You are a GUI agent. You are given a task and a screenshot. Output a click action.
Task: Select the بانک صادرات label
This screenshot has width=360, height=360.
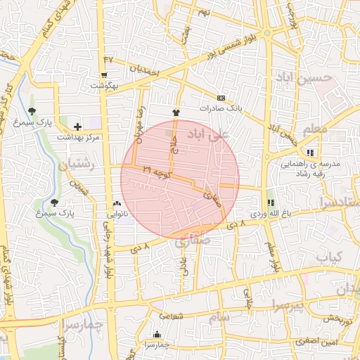[221, 108]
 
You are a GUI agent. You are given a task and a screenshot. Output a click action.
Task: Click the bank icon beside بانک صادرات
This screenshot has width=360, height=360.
[221, 98]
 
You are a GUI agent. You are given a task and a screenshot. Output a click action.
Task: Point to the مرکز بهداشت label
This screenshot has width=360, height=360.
[78, 136]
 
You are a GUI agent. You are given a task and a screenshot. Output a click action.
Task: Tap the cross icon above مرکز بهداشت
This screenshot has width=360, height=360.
[77, 127]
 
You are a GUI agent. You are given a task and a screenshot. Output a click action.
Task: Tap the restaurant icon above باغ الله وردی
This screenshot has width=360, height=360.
[271, 202]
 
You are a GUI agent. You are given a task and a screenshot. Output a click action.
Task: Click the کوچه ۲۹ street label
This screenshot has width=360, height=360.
[156, 171]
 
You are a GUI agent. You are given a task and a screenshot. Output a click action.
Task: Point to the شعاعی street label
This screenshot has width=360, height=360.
[172, 317]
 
